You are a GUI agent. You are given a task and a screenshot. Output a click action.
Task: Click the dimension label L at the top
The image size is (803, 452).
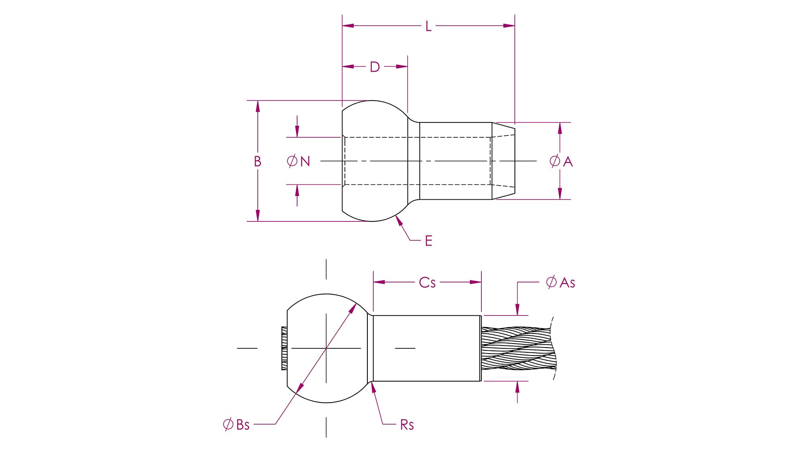(428, 27)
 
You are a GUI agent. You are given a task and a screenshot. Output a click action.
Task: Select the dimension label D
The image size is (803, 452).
(375, 67)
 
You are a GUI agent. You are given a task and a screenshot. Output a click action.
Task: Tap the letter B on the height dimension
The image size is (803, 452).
(257, 161)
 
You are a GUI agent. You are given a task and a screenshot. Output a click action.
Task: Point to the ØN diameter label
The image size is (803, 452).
(299, 161)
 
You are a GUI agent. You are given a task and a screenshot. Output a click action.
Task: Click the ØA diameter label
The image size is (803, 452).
(561, 161)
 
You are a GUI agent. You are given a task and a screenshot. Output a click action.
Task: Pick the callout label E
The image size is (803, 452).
(428, 241)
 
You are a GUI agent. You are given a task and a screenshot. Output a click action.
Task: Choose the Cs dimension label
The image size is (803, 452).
(427, 282)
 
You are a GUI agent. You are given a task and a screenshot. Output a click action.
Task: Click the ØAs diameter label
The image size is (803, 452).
(560, 282)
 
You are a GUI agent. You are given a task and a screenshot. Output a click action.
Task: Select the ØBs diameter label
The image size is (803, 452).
(236, 424)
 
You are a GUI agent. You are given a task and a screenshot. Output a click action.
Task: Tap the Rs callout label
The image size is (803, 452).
(407, 425)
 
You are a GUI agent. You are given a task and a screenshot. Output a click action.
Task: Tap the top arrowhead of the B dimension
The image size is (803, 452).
(258, 106)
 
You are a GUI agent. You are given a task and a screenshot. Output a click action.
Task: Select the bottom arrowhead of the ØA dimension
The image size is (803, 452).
(560, 193)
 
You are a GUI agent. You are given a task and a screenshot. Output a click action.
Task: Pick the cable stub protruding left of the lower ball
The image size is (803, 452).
(284, 348)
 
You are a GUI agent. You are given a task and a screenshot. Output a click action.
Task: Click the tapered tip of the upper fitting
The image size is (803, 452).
(503, 161)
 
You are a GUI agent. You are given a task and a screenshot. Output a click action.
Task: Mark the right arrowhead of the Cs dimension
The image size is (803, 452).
(476, 282)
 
